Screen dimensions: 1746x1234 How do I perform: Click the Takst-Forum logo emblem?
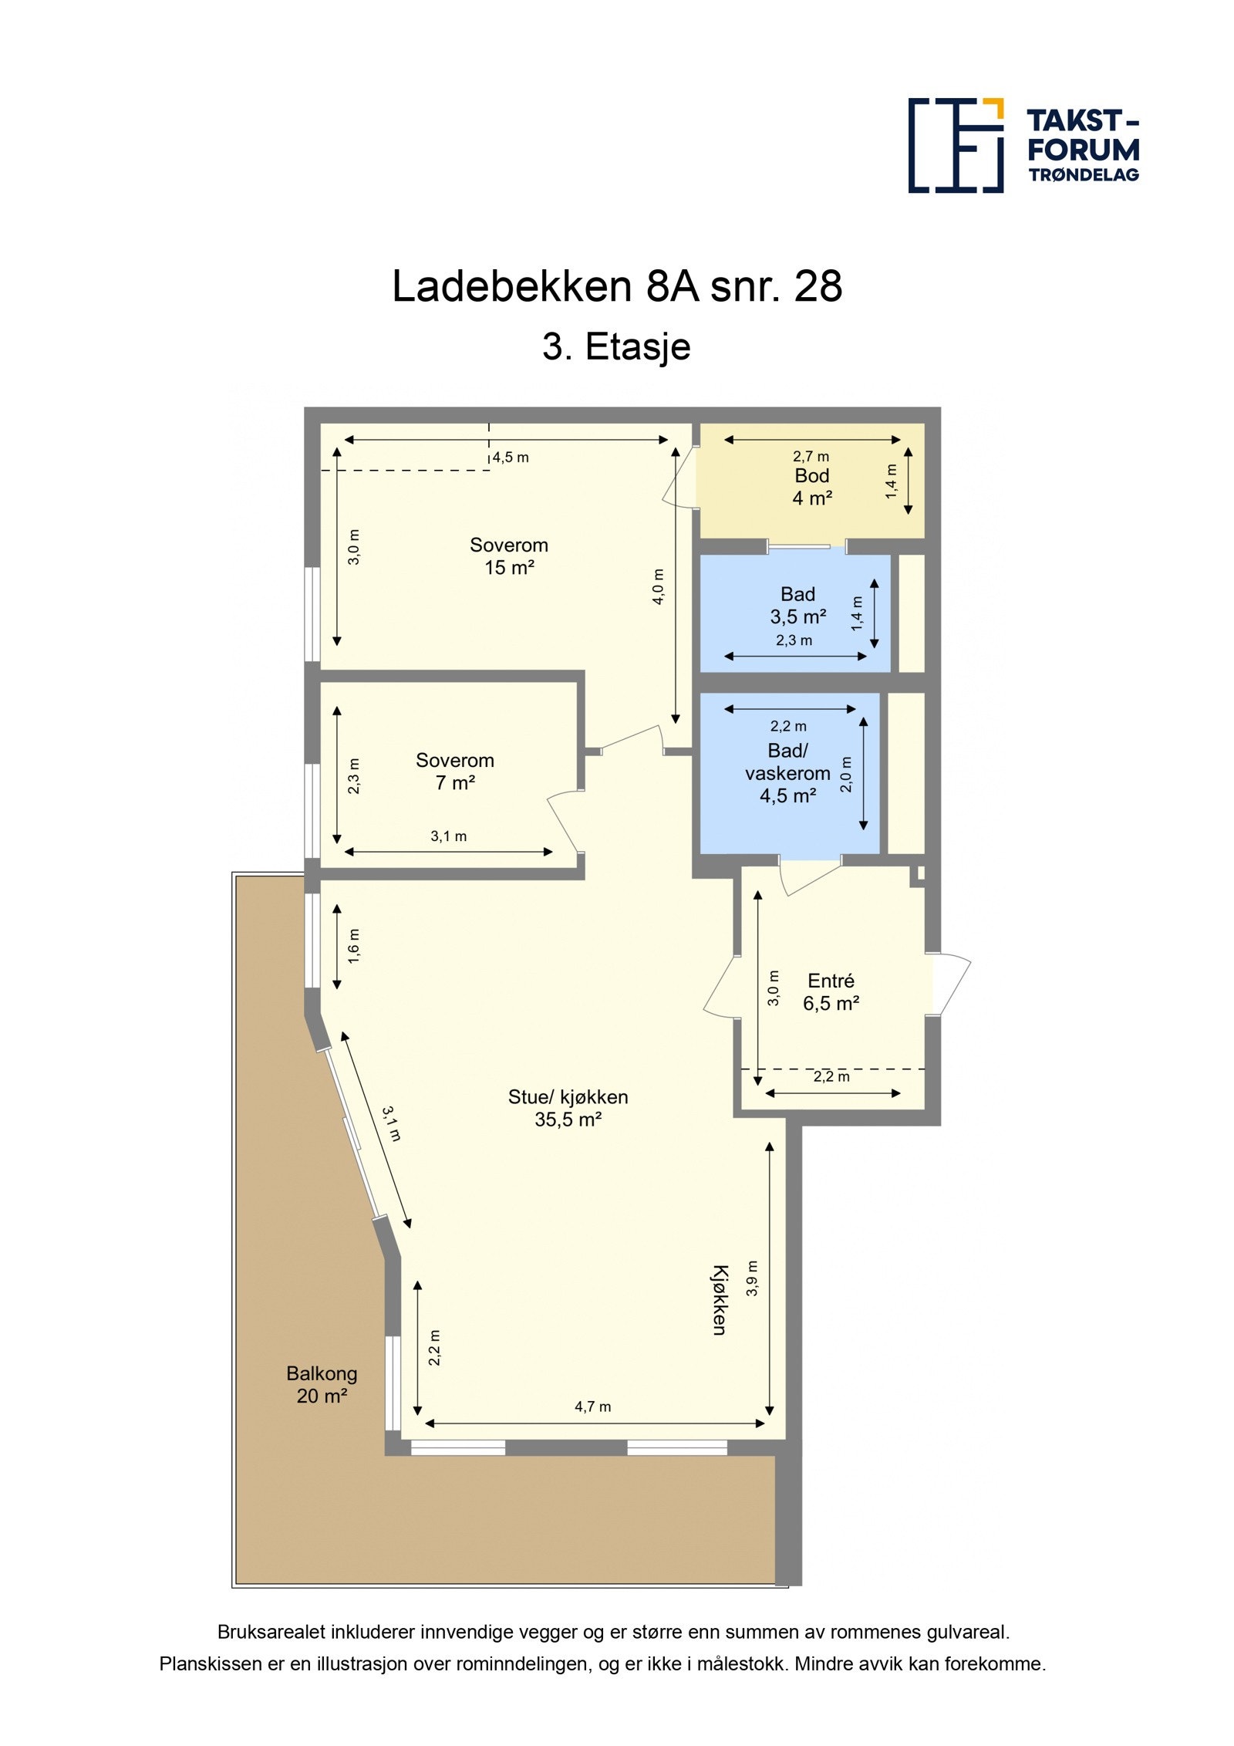955,145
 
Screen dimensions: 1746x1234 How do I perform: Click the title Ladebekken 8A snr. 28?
616,286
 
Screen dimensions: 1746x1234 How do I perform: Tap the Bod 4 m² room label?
811,487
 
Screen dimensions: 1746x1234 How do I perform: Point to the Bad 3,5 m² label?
797,606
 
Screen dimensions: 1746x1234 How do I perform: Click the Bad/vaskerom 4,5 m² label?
787,773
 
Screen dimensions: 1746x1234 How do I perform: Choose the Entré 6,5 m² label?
831,992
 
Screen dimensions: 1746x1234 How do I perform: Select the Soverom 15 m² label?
509,556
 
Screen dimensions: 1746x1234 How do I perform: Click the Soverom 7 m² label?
454,772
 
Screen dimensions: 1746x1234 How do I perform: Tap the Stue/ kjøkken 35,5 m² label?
568,1108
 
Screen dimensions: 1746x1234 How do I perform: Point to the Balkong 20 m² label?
322,1384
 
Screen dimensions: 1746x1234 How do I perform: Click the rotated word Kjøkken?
719,1299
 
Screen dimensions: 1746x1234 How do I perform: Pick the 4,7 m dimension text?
592,1407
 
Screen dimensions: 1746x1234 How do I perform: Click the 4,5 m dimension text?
511,458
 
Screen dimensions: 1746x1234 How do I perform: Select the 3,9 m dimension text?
753,1278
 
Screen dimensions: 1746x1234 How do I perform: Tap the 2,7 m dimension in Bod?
811,457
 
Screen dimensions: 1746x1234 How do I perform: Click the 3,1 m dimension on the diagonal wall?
392,1124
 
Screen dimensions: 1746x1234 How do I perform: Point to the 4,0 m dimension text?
658,586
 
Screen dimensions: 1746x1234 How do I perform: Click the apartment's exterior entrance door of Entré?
950,984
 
